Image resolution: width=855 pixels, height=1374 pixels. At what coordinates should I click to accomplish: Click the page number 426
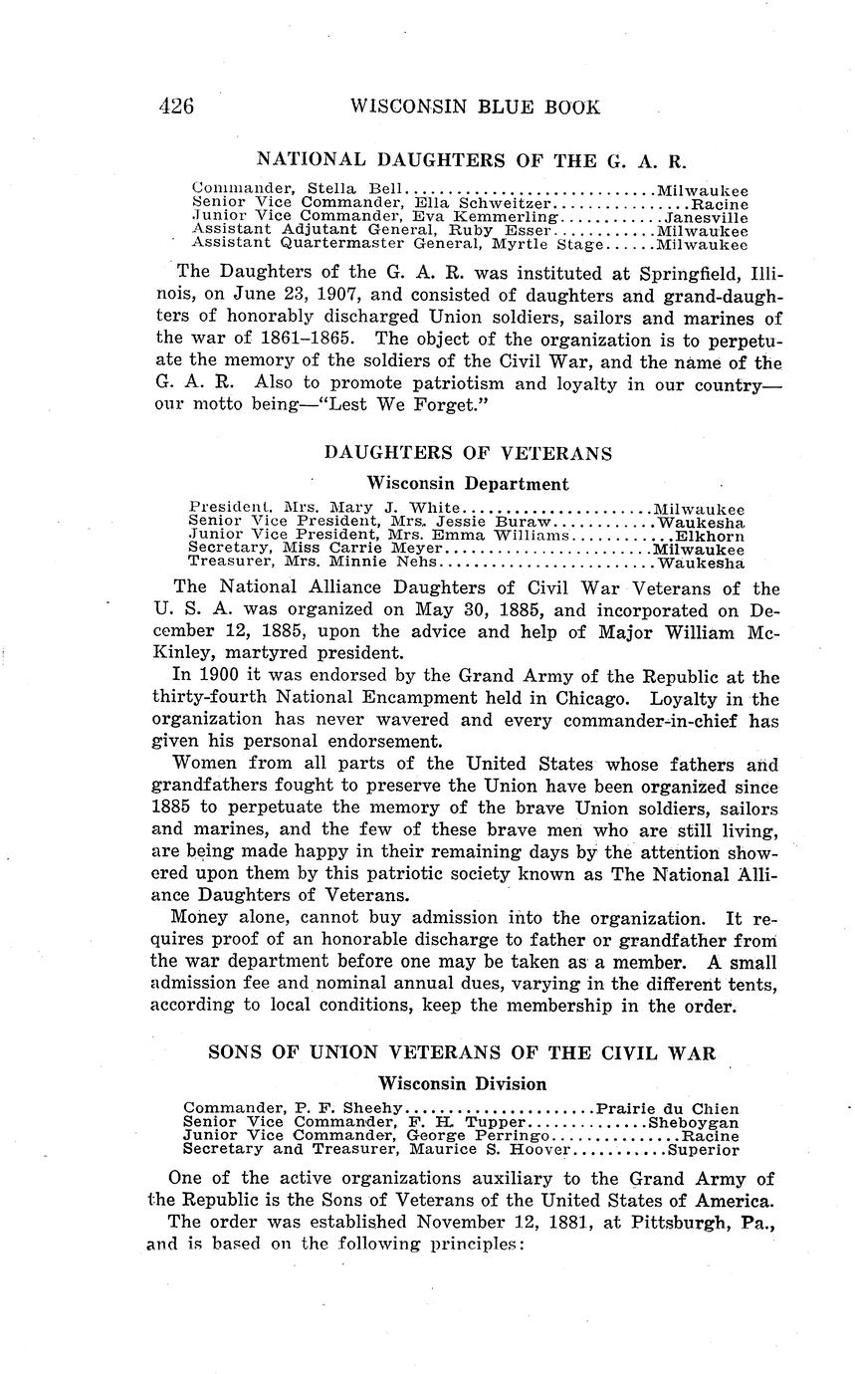(175, 107)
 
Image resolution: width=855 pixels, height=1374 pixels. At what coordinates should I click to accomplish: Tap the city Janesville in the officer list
(707, 216)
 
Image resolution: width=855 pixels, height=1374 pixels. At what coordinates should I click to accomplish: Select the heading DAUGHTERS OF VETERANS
(468, 453)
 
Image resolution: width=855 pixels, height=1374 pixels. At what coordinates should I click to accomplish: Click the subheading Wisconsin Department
(468, 484)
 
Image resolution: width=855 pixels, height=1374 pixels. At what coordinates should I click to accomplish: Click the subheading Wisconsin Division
(462, 1083)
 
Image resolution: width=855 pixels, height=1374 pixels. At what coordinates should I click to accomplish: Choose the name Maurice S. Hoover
(491, 1150)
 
